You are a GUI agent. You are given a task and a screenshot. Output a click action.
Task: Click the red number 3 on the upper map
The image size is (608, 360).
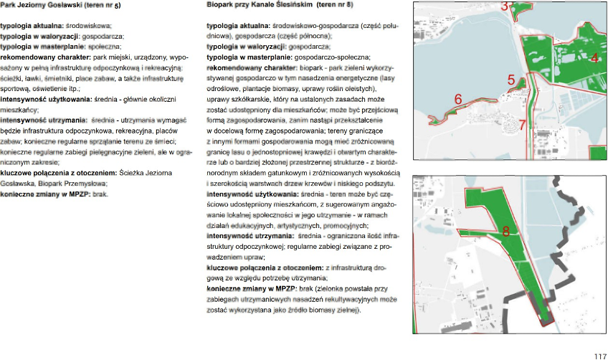[505, 6]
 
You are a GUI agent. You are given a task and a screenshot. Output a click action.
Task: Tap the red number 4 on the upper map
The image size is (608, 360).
[594, 58]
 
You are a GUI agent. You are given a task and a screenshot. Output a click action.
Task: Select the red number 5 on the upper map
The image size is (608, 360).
[511, 80]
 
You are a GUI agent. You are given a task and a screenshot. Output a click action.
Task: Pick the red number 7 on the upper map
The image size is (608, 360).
[523, 125]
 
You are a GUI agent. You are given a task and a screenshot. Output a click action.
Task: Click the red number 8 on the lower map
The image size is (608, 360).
[505, 232]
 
